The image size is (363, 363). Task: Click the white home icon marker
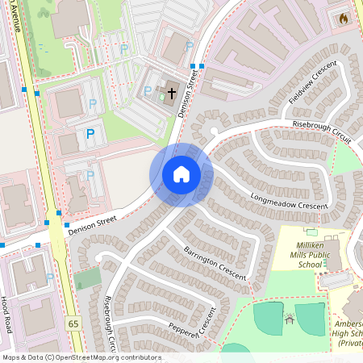[x=181, y=174]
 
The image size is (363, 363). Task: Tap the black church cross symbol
[x=172, y=94]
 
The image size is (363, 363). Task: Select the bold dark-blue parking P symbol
[x=90, y=134]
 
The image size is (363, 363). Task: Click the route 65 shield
[x=74, y=323]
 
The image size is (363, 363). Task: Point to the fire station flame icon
[x=344, y=17]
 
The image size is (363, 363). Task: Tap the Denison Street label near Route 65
[x=93, y=220]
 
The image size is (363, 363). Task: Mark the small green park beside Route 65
[x=87, y=278]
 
